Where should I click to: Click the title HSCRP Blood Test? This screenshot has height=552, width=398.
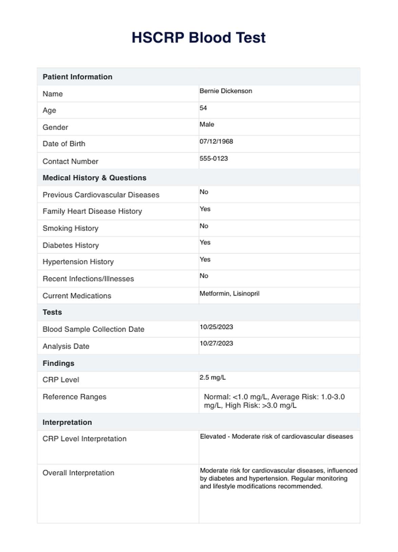coord(199,38)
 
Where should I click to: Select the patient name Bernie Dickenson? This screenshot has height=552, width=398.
coord(226,91)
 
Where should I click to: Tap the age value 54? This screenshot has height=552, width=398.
coord(203,108)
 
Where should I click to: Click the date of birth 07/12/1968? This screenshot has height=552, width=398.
coord(216,141)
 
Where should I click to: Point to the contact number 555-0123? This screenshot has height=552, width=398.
coord(214,158)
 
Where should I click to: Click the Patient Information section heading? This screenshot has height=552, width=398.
coord(78,77)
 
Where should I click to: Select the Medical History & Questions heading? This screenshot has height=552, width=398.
coord(94,178)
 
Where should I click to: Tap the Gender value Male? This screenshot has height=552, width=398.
coord(207,124)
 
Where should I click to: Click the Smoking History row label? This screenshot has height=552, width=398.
coord(70,228)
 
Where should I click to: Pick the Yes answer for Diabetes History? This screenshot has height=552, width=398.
coord(205,242)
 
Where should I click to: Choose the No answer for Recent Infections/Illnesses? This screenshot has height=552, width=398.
coord(204,276)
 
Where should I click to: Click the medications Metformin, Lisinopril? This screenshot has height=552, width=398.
coord(229,293)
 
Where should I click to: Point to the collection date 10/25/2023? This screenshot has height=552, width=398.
coord(216,327)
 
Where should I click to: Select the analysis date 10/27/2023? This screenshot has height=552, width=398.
coord(216,343)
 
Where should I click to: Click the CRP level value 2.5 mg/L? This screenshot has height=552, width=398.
coord(213,377)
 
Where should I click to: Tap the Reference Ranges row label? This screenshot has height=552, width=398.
coord(74,397)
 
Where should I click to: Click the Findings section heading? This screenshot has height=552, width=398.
coord(58,363)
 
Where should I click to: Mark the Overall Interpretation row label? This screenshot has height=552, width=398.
coord(79,473)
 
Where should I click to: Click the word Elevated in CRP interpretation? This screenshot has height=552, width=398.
coord(213,437)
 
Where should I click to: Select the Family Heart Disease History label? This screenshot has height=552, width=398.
coord(92,211)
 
